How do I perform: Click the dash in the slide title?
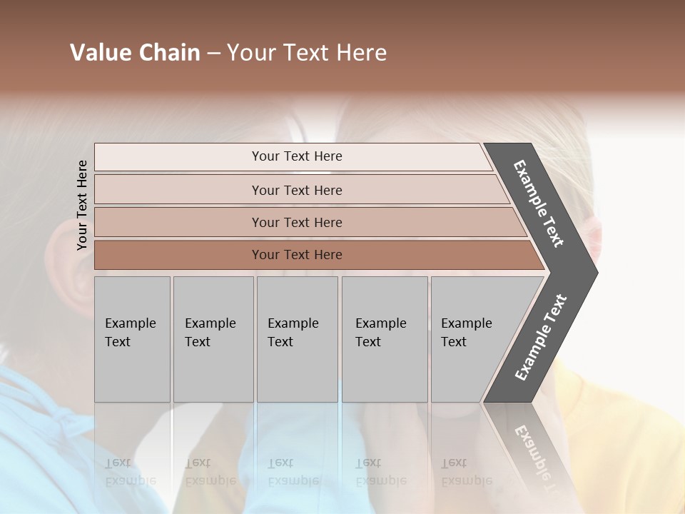[213, 54]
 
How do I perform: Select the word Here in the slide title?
[361, 53]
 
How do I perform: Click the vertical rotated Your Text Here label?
[82, 205]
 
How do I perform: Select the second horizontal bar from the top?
[297, 190]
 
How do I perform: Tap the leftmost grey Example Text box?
[132, 339]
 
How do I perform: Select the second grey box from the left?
[213, 339]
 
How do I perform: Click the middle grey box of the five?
[297, 339]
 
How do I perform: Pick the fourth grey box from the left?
[385, 339]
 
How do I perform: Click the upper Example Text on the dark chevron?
[539, 203]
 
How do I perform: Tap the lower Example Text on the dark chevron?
[540, 338]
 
